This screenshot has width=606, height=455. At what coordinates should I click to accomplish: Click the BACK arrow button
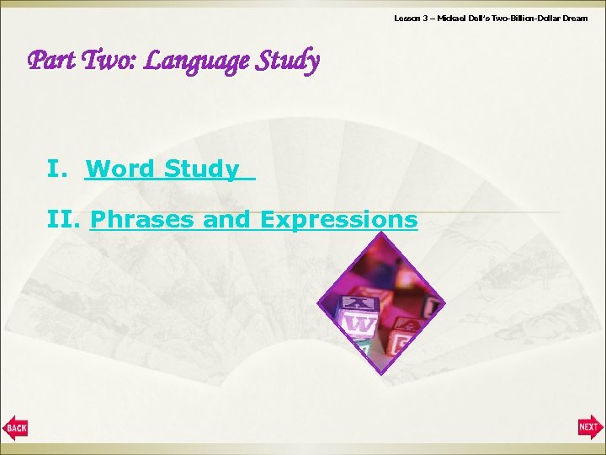pyautogui.click(x=16, y=428)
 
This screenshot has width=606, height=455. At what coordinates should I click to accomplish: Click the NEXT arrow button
pyautogui.click(x=590, y=428)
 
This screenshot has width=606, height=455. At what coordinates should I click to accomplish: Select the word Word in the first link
pyautogui.click(x=120, y=169)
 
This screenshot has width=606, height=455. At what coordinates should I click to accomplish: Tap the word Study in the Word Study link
pyautogui.click(x=202, y=169)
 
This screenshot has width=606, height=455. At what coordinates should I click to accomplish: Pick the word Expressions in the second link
pyautogui.click(x=338, y=220)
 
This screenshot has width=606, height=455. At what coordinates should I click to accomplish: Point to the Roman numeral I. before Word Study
pyautogui.click(x=58, y=169)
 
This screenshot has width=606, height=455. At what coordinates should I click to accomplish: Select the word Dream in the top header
pyautogui.click(x=573, y=18)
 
